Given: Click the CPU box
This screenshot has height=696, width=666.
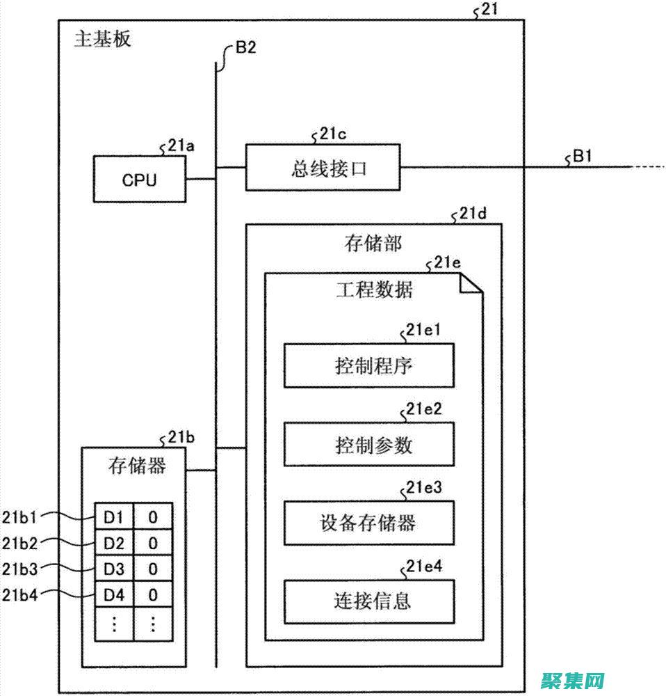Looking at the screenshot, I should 140,180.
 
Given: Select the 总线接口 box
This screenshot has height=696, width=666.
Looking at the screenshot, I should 323,168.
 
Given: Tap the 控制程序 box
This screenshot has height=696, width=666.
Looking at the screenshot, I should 368,365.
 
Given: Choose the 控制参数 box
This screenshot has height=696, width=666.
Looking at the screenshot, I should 368,445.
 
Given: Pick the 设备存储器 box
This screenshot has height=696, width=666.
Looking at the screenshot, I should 368,522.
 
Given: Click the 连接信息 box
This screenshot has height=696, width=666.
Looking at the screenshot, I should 368,600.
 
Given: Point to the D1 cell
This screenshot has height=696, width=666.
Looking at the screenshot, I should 113,517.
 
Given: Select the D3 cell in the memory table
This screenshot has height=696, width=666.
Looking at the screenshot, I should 113,569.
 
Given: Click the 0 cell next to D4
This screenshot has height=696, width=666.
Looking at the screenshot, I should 153,595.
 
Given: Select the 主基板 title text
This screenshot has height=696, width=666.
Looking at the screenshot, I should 102,38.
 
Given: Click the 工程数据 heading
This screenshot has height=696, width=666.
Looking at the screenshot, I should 374,290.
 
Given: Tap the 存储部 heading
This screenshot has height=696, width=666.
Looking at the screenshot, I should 373,243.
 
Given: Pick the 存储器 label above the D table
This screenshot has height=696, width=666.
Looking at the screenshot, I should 138,465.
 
